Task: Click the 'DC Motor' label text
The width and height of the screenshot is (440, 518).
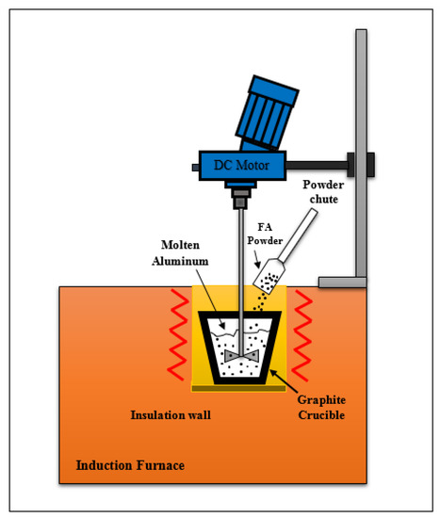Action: coord(241,166)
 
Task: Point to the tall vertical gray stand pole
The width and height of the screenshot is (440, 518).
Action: coord(360,141)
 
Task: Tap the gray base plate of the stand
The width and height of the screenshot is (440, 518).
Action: coord(342,281)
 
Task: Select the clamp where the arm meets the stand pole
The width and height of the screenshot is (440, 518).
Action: coord(359,165)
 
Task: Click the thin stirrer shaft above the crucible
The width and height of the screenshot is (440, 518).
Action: coord(242,264)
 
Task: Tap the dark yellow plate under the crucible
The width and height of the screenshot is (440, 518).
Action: coord(240,387)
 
